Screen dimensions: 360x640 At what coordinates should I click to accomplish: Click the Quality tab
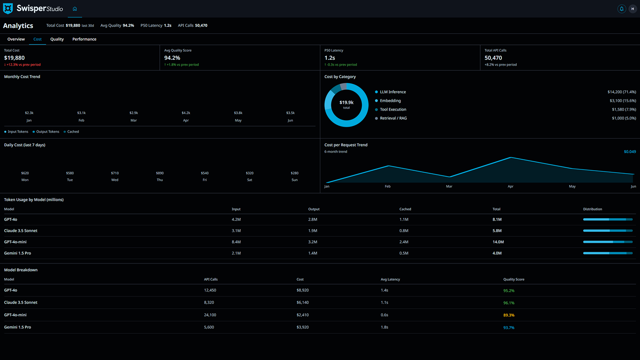57,39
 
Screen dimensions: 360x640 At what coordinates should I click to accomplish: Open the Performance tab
84,39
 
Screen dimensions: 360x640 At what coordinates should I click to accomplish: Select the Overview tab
16,39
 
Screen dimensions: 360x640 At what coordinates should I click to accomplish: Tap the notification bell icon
621,9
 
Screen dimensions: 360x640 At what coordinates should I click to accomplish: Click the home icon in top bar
75,9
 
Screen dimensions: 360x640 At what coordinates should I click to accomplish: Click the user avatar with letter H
632,9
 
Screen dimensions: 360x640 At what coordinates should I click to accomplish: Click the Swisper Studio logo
33,9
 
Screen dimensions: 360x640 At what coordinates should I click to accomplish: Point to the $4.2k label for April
186,113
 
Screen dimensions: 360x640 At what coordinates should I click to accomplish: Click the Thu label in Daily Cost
160,180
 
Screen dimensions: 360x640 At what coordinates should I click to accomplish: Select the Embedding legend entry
390,101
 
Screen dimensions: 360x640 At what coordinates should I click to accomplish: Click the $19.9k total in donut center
346,102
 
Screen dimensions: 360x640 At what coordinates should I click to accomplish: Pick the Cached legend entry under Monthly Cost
73,132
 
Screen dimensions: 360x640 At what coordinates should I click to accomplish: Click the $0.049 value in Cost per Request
629,152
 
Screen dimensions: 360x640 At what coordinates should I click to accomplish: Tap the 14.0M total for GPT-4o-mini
498,242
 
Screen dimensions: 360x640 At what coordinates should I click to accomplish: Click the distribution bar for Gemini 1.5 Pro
607,253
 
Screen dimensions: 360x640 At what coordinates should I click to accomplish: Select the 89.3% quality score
509,315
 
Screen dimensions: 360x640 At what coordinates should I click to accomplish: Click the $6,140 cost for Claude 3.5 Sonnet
303,302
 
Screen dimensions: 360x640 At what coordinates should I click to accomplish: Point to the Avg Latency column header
390,280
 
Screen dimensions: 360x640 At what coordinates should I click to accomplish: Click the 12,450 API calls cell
210,290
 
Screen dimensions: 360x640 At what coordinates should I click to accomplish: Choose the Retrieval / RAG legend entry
393,118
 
